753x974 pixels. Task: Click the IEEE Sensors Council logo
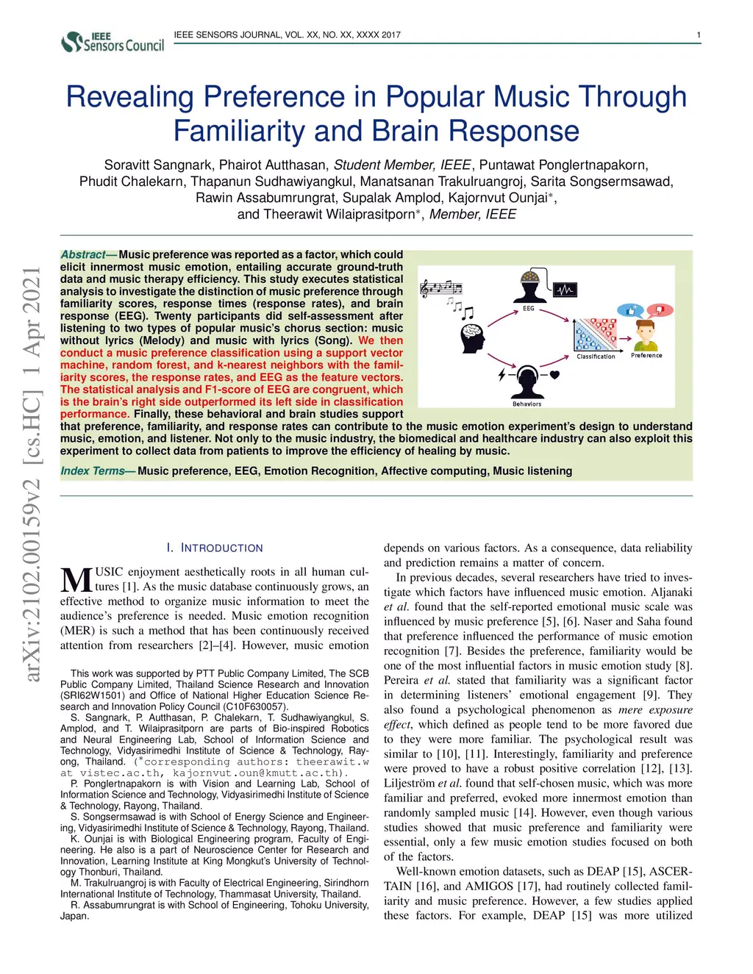pos(113,41)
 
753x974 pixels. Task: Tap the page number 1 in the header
pos(698,35)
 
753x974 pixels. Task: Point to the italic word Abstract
pos(83,255)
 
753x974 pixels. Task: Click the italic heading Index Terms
pos(93,471)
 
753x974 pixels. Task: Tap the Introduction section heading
pos(215,548)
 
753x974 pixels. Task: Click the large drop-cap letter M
pos(76,581)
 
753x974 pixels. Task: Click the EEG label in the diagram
pos(529,309)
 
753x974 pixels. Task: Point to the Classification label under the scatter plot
pos(596,357)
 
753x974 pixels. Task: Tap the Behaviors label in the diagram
pos(527,404)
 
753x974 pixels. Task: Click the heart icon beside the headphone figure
pos(555,375)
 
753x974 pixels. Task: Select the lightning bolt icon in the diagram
pos(502,375)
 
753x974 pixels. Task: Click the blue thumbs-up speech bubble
pos(630,310)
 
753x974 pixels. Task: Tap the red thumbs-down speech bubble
pos(659,310)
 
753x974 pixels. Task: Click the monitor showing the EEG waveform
pos(565,290)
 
